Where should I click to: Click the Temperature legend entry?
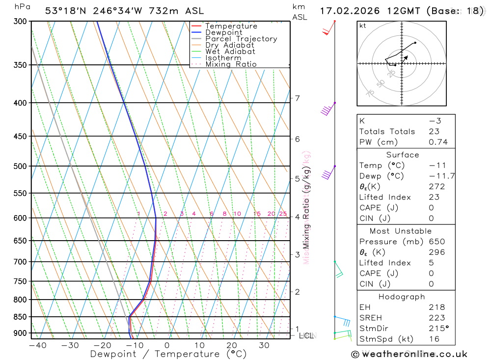coord(231,26)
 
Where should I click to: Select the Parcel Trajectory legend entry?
coord(241,39)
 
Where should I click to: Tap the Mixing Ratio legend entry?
coord(231,64)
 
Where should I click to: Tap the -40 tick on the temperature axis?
coord(37,345)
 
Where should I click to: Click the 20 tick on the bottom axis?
coord(232,345)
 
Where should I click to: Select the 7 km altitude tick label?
coord(297,98)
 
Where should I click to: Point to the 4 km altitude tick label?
coord(297,217)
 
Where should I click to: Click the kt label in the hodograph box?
coord(363,26)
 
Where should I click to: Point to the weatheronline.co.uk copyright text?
coord(409,354)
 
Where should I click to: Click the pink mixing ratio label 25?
coord(283,214)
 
